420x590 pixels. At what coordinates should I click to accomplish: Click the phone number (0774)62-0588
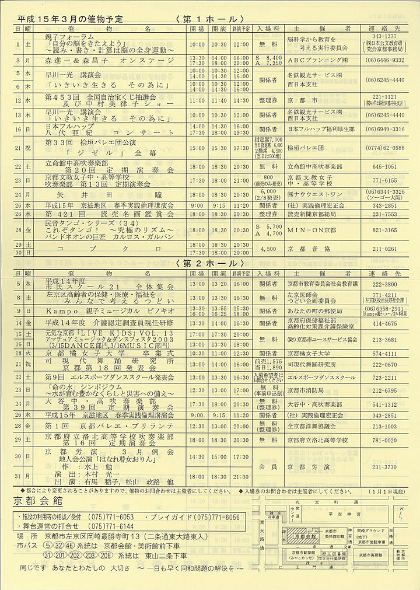pyautogui.click(x=382, y=148)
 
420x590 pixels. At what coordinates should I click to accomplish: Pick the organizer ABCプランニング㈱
pyautogui.click(x=313, y=60)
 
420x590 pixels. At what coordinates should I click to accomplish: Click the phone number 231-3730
pyautogui.click(x=381, y=467)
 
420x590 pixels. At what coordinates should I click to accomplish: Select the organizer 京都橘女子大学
pyautogui.click(x=309, y=353)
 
